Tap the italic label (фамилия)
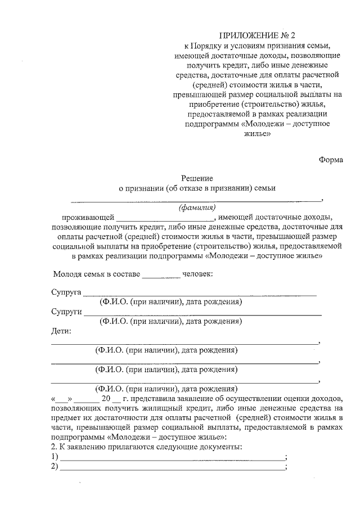pyautogui.click(x=197, y=208)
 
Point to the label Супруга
pyautogui.click(x=66, y=294)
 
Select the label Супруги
pyautogui.click(x=66, y=312)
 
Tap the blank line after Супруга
pyautogui.click(x=200, y=295)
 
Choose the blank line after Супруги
pyautogui.click(x=202, y=313)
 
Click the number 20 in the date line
pyautogui.click(x=107, y=399)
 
